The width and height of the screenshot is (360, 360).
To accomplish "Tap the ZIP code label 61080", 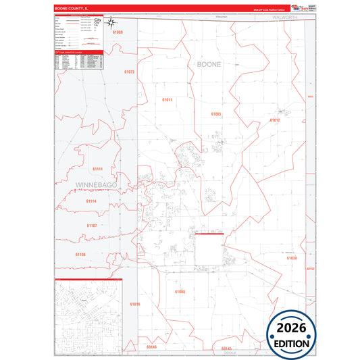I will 118,32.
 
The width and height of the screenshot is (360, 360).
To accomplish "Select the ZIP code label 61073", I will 130,72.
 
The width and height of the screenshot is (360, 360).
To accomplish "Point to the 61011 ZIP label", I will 167,99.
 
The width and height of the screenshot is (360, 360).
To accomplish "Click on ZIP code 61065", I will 216,114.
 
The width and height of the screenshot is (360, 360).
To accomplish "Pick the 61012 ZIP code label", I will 275,120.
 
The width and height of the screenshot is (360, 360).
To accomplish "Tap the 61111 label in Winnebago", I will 96,169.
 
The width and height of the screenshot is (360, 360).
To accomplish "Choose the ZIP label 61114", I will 91,201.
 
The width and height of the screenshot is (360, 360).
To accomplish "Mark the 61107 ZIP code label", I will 92,225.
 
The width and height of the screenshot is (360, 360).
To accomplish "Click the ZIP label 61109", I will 80,254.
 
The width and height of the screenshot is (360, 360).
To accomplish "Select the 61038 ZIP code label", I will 291,258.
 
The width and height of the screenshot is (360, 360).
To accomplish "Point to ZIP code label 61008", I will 180,291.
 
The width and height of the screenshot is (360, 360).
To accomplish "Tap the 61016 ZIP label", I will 135,304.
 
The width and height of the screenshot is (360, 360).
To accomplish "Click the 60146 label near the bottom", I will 151,346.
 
